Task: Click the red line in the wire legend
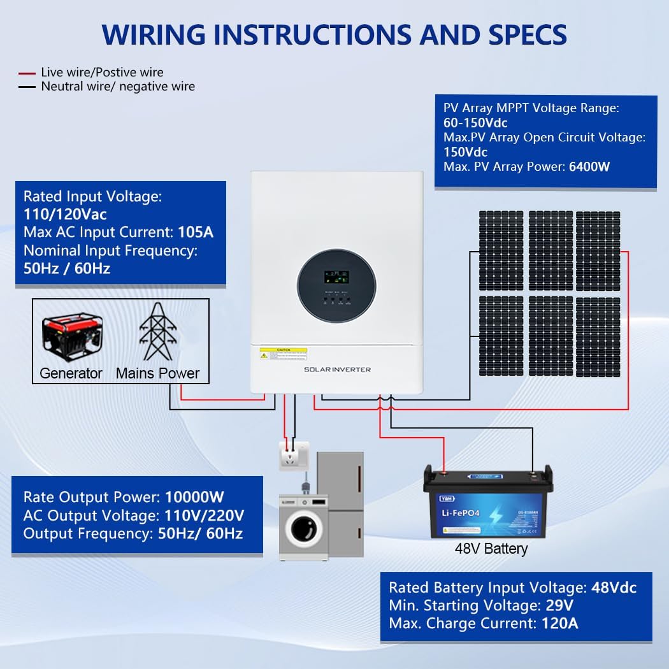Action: tap(26, 73)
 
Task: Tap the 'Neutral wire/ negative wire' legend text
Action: tap(118, 86)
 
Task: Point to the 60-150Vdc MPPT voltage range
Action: tap(475, 122)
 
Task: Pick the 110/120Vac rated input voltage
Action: tap(65, 214)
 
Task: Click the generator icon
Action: tap(71, 333)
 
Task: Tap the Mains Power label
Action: tap(157, 373)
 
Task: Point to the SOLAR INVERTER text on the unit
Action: tap(337, 370)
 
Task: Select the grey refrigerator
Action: tap(342, 503)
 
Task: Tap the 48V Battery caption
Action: tap(491, 548)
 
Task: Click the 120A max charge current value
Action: tap(559, 623)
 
